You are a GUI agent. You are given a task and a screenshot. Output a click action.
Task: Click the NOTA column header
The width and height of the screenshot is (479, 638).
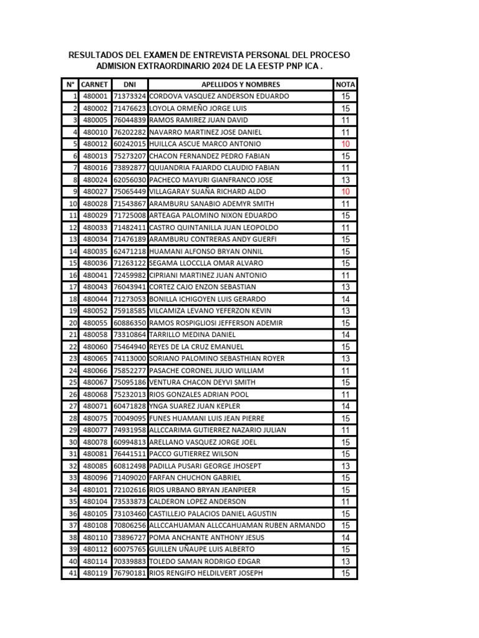pos(346,84)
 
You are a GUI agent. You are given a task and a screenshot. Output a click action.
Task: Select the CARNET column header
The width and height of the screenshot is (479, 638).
pos(95,84)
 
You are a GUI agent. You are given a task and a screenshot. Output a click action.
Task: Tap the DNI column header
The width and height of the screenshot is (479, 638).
pos(130,84)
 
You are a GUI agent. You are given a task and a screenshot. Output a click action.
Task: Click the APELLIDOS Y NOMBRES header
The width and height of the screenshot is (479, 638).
pos(241,84)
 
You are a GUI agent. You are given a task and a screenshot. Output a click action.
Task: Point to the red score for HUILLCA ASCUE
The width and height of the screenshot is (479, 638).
pos(346,144)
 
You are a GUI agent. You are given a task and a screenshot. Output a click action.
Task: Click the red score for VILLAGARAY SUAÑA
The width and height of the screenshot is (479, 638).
pos(346,191)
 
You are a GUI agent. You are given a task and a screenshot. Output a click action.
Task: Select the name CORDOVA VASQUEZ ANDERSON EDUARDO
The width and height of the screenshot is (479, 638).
pos(220,97)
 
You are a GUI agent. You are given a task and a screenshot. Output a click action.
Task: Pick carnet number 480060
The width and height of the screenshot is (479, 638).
pos(95,346)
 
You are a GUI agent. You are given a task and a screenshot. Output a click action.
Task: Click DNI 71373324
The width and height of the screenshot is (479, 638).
pos(130,97)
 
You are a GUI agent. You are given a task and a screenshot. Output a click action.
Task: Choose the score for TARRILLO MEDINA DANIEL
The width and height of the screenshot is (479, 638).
pos(346,335)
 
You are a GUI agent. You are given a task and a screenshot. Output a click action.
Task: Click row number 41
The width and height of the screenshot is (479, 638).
pos(72,573)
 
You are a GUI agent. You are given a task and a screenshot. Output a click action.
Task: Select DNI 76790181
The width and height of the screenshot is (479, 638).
pos(130,573)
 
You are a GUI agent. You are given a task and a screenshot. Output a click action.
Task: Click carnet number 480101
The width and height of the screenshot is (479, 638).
pos(95,490)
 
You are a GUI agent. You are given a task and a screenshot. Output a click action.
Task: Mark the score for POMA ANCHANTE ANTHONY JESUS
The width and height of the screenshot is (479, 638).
pos(346,538)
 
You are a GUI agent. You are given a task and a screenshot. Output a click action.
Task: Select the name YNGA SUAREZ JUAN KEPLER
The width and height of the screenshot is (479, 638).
pos(195,406)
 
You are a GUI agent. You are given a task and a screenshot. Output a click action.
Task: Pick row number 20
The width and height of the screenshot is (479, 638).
pos(72,323)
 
